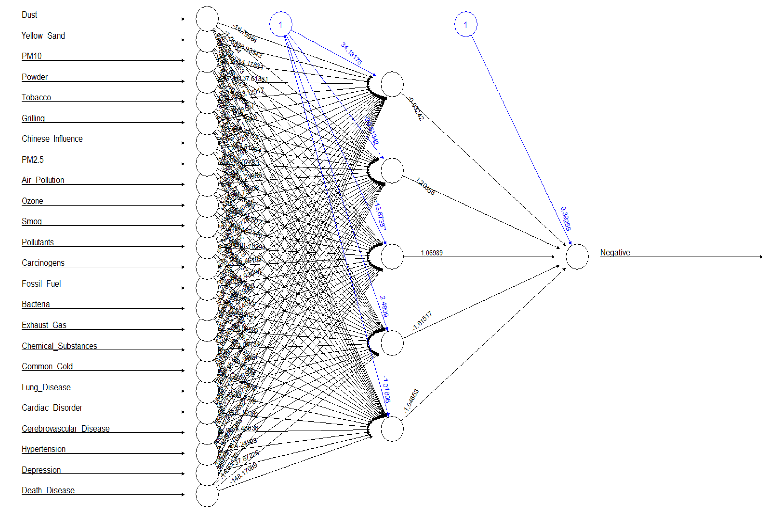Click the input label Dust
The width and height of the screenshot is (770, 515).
[x=29, y=15]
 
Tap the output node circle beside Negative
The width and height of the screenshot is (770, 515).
[x=577, y=256]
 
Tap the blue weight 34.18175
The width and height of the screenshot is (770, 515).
[x=351, y=53]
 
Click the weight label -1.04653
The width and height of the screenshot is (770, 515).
[x=411, y=401]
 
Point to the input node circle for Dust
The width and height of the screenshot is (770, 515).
[x=207, y=19]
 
